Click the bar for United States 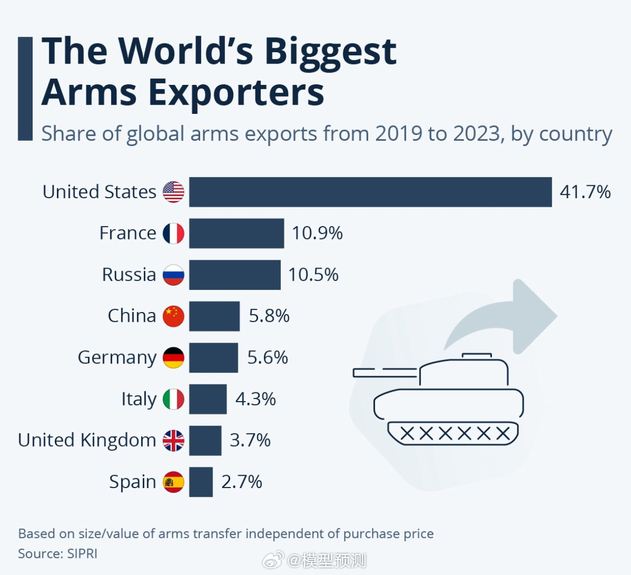point(370,192)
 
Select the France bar point(236,233)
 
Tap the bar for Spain point(201,482)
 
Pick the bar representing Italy point(207,399)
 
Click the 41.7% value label point(585,192)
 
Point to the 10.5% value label point(313,275)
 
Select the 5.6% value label point(267,358)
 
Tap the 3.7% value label point(250,440)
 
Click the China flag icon point(173,316)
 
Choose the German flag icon point(173,358)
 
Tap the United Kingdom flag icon point(173,440)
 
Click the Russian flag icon point(173,275)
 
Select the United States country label point(99,192)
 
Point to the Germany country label point(117,358)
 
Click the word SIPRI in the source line point(82,553)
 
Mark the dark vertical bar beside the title point(25,89)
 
